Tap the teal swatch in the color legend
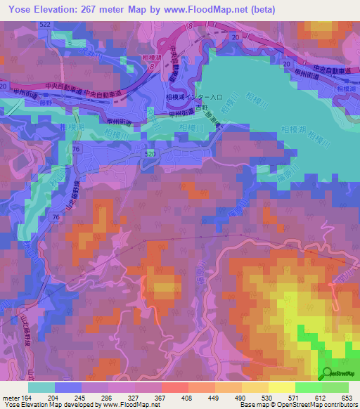pyautogui.click(x=41, y=387)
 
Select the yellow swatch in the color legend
pyautogui.click(x=281, y=387)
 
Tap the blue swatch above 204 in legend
pyautogui.click(x=68, y=387)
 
